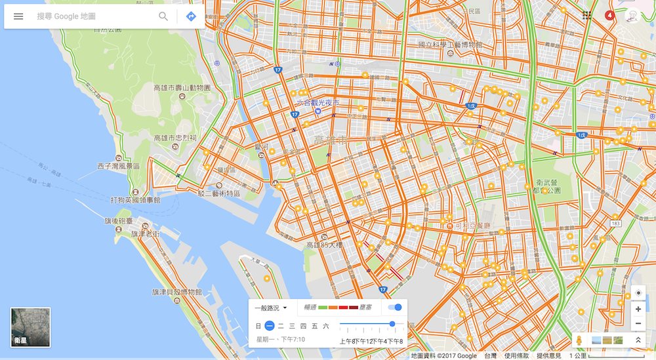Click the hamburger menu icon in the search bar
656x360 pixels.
point(18,16)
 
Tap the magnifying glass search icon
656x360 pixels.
point(163,16)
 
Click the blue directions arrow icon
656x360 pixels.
point(191,16)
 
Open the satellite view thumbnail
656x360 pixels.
point(30,327)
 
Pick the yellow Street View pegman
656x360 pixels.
point(579,340)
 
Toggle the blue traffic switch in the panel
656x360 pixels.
point(395,308)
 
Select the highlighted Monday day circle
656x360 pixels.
point(270,326)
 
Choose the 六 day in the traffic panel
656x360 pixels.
point(325,326)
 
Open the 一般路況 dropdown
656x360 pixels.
point(271,308)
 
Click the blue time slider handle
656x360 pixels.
point(392,324)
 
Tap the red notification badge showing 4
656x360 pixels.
point(609,15)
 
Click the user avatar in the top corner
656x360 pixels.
point(632,16)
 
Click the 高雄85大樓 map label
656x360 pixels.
point(324,245)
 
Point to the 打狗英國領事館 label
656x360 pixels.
point(135,200)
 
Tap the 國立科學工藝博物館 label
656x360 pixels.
point(450,45)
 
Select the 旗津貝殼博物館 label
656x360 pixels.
point(176,292)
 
